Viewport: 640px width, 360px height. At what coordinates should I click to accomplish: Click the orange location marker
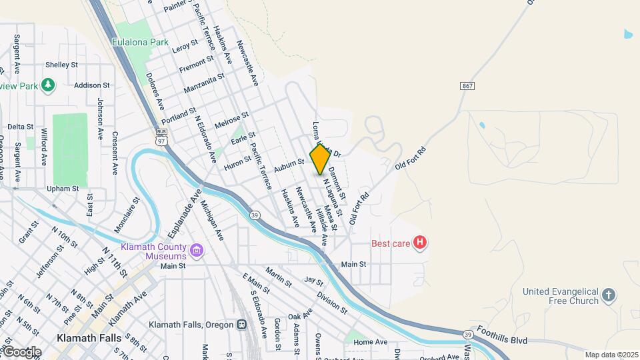[x=320, y=159]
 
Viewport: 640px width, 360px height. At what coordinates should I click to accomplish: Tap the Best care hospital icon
[x=420, y=243]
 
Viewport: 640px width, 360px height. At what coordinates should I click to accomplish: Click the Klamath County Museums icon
[x=197, y=251]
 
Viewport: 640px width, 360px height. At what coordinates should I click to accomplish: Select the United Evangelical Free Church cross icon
[x=608, y=295]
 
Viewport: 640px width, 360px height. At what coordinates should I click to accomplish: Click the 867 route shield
[x=467, y=86]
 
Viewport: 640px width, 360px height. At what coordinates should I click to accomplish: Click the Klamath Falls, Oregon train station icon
[x=241, y=325]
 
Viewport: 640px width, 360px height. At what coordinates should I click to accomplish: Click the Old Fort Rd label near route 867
[x=409, y=158]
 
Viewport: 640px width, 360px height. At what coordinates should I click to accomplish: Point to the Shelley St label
[x=63, y=65]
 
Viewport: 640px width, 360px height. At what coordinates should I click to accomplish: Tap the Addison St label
[x=92, y=85]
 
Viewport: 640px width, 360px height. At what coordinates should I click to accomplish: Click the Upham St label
[x=63, y=189]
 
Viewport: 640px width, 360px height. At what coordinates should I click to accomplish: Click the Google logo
[x=22, y=351]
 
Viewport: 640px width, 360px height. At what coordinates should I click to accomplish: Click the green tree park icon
[x=47, y=85]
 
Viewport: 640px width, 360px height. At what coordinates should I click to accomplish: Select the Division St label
[x=332, y=302]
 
